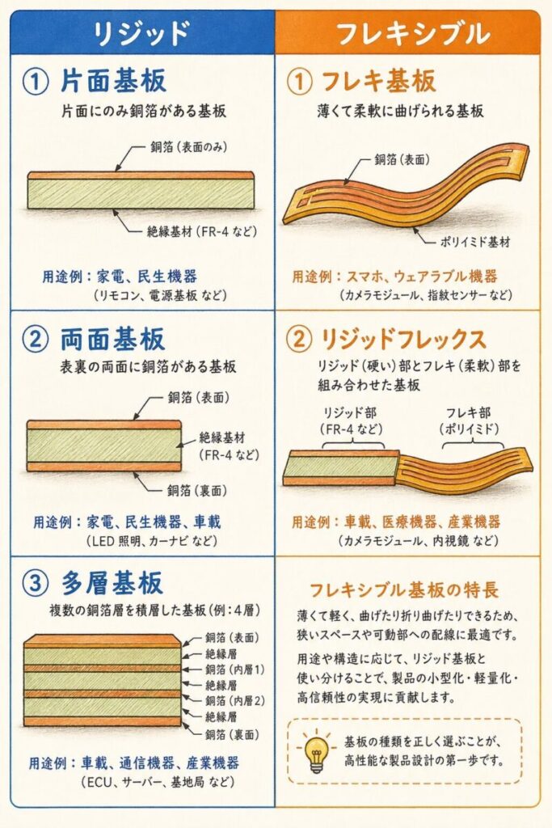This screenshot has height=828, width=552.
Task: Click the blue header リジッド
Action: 141,32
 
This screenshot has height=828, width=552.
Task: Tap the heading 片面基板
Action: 113,81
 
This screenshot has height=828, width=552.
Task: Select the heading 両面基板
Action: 112,339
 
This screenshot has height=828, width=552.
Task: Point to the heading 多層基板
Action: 112,584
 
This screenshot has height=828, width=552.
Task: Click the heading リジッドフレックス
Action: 402,339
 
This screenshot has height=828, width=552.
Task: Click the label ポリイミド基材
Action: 475,242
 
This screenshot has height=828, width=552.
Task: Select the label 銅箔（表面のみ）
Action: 189,147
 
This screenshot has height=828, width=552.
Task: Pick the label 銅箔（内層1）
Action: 235,670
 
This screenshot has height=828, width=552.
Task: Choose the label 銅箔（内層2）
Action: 235,701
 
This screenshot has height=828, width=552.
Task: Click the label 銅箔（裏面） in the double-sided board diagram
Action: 197,491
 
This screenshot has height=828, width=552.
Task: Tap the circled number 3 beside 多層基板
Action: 36,584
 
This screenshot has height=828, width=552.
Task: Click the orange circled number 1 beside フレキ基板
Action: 299,82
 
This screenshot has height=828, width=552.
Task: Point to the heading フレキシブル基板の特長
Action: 403,589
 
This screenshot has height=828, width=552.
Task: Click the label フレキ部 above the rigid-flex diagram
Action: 469,413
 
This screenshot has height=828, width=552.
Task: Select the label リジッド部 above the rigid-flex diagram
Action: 350,413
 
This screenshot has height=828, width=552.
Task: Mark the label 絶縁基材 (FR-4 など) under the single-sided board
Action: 202,231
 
